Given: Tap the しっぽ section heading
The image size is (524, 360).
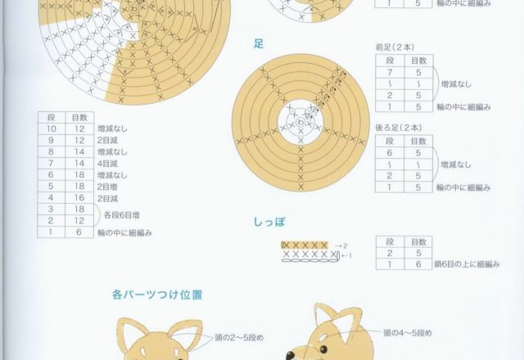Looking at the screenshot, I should click(269, 222).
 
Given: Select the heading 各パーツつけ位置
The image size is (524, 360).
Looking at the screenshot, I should click(159, 294).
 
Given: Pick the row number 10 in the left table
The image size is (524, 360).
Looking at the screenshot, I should click(51, 129).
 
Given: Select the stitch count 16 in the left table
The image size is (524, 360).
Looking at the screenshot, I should click(79, 198).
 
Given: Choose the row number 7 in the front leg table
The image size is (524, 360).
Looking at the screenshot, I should click(390, 73).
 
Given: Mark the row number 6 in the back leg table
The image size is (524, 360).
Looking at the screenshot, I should click(390, 153).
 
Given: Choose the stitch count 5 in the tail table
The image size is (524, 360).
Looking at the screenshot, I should click(418, 254).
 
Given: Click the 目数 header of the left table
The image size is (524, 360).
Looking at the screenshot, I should click(79, 118).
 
